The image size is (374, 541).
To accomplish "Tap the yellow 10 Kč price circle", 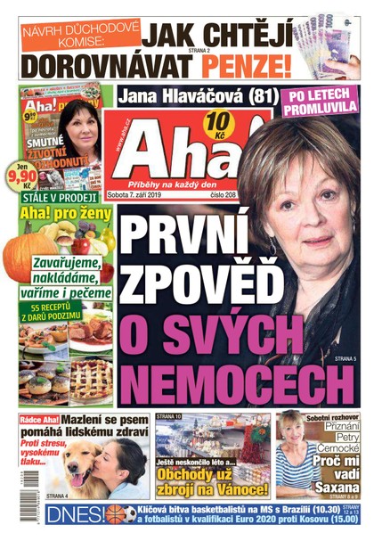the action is coord(191,122).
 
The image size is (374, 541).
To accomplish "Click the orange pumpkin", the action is coord(28,255).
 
